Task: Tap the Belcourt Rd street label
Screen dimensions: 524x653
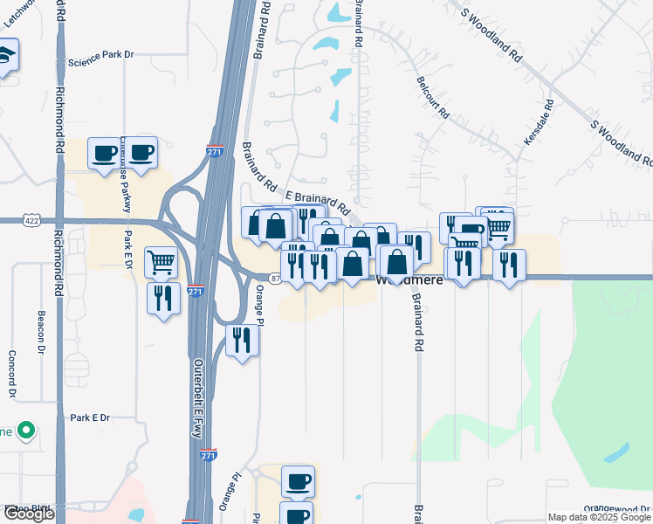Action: (432, 100)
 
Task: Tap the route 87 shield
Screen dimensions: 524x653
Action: (274, 278)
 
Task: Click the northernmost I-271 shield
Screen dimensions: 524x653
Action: (215, 151)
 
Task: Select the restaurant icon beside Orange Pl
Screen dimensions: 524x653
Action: (242, 339)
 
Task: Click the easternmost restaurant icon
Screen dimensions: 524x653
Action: (509, 264)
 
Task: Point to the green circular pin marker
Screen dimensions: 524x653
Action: (26, 431)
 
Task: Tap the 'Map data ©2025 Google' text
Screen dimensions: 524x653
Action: (599, 517)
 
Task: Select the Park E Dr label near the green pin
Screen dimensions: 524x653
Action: (90, 417)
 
